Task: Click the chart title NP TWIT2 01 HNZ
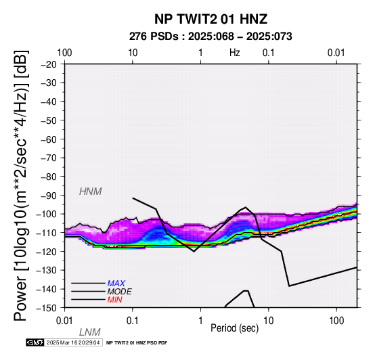211,19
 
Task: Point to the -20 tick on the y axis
49,64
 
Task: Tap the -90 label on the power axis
49,196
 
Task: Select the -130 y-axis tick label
46,271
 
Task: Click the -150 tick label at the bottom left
46,308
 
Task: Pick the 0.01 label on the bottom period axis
64,321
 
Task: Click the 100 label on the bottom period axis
336,321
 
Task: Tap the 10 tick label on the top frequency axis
133,53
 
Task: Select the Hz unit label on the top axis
235,53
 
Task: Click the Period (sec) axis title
235,328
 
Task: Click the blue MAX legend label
116,284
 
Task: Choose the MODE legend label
119,292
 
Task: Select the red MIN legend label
114,300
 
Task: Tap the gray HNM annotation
91,192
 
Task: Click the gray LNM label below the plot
89,332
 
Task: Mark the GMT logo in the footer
35,342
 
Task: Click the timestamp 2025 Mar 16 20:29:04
73,342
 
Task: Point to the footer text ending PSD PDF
137,343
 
